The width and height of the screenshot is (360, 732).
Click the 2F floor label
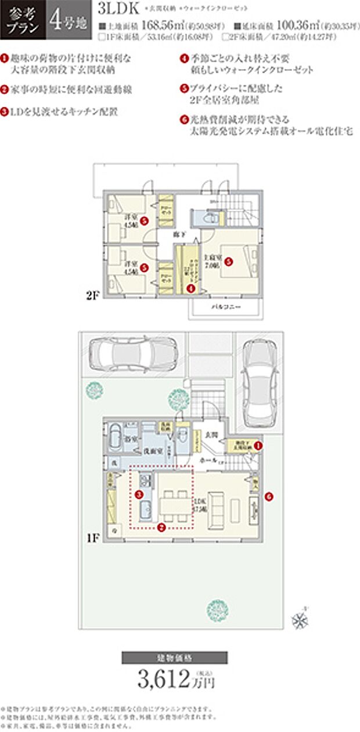94,295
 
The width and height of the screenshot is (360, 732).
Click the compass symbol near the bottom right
301,620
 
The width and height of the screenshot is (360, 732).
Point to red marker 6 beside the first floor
269,497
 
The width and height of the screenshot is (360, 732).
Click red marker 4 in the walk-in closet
191,286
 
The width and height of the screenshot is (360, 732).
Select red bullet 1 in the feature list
4,59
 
